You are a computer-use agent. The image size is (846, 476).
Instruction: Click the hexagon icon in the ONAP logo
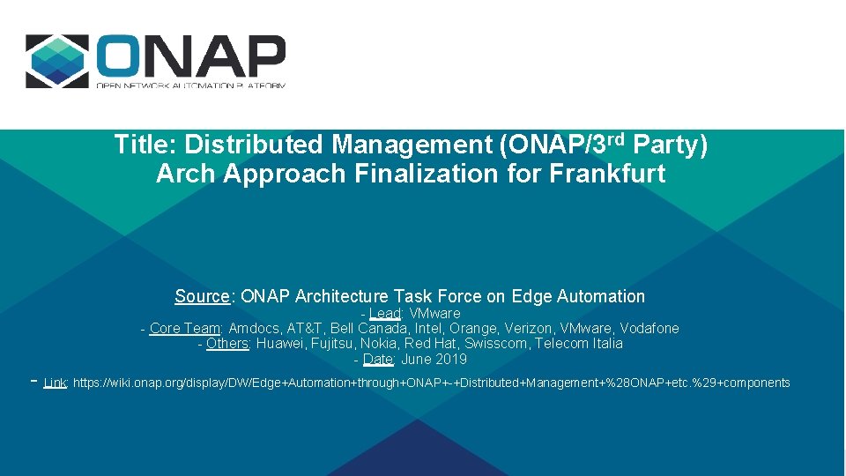(57, 61)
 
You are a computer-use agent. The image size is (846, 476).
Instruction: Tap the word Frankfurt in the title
(607, 175)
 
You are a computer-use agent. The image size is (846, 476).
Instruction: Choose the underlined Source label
(202, 297)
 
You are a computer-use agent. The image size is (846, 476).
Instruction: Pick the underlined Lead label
(385, 314)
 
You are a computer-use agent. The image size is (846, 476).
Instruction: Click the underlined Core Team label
(184, 329)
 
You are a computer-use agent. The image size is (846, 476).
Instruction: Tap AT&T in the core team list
(305, 329)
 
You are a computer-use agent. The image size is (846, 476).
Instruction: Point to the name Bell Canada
(369, 329)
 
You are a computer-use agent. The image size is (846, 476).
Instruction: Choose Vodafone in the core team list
(649, 329)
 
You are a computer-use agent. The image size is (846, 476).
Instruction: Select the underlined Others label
(227, 344)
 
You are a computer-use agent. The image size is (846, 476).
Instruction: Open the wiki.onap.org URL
(431, 383)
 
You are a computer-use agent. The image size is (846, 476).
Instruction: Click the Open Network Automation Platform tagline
(190, 86)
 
